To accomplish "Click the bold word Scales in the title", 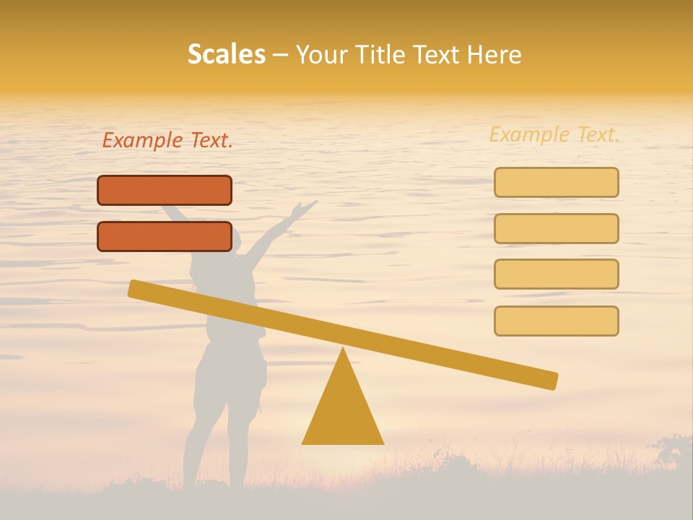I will click(227, 54).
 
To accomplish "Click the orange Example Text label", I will click(167, 141).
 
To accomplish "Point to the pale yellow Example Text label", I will click(554, 134).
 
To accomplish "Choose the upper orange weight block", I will click(165, 190).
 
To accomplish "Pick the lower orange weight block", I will click(165, 237).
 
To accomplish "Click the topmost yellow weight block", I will click(557, 182).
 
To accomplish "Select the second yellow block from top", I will click(557, 228).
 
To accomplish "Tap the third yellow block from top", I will click(557, 274).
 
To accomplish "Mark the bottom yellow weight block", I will click(557, 321).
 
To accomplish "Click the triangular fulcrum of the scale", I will click(343, 412).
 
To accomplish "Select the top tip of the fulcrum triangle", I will click(343, 351).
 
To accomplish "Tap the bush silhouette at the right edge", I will click(675, 451).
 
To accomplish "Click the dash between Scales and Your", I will click(281, 55).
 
